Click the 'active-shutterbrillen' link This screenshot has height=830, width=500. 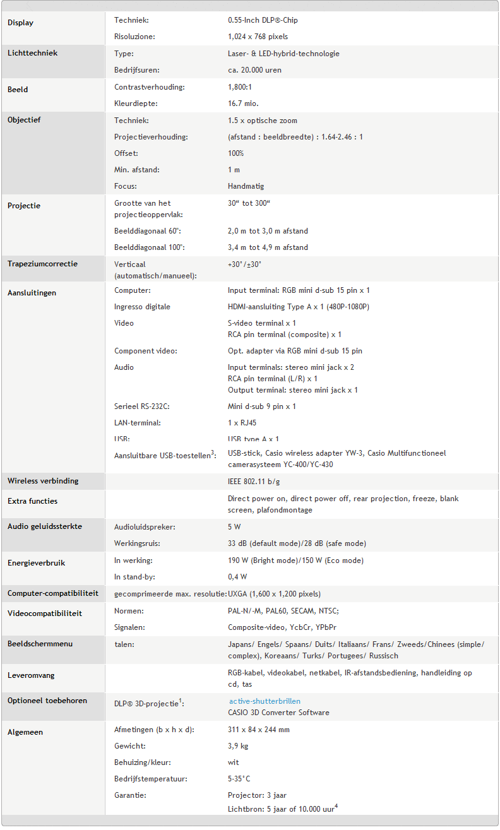[265, 701]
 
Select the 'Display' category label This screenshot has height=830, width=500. [21, 23]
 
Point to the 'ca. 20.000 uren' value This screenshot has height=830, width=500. [254, 70]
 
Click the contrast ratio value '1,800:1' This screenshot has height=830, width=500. [242, 87]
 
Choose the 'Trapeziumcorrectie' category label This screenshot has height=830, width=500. [42, 264]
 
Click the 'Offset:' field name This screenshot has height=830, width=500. [126, 153]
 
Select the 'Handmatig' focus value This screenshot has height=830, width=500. [246, 186]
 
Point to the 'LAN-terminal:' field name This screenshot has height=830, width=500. [137, 423]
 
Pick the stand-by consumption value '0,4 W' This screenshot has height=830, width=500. [237, 577]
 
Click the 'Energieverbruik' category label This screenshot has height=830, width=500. [37, 563]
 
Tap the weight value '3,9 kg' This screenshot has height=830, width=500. [238, 746]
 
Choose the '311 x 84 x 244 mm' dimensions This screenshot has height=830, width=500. [259, 730]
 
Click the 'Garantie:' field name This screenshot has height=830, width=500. [130, 795]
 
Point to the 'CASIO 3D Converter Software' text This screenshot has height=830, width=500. [278, 713]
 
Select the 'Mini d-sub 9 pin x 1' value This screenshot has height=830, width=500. [261, 406]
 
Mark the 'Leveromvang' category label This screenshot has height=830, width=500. [31, 675]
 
